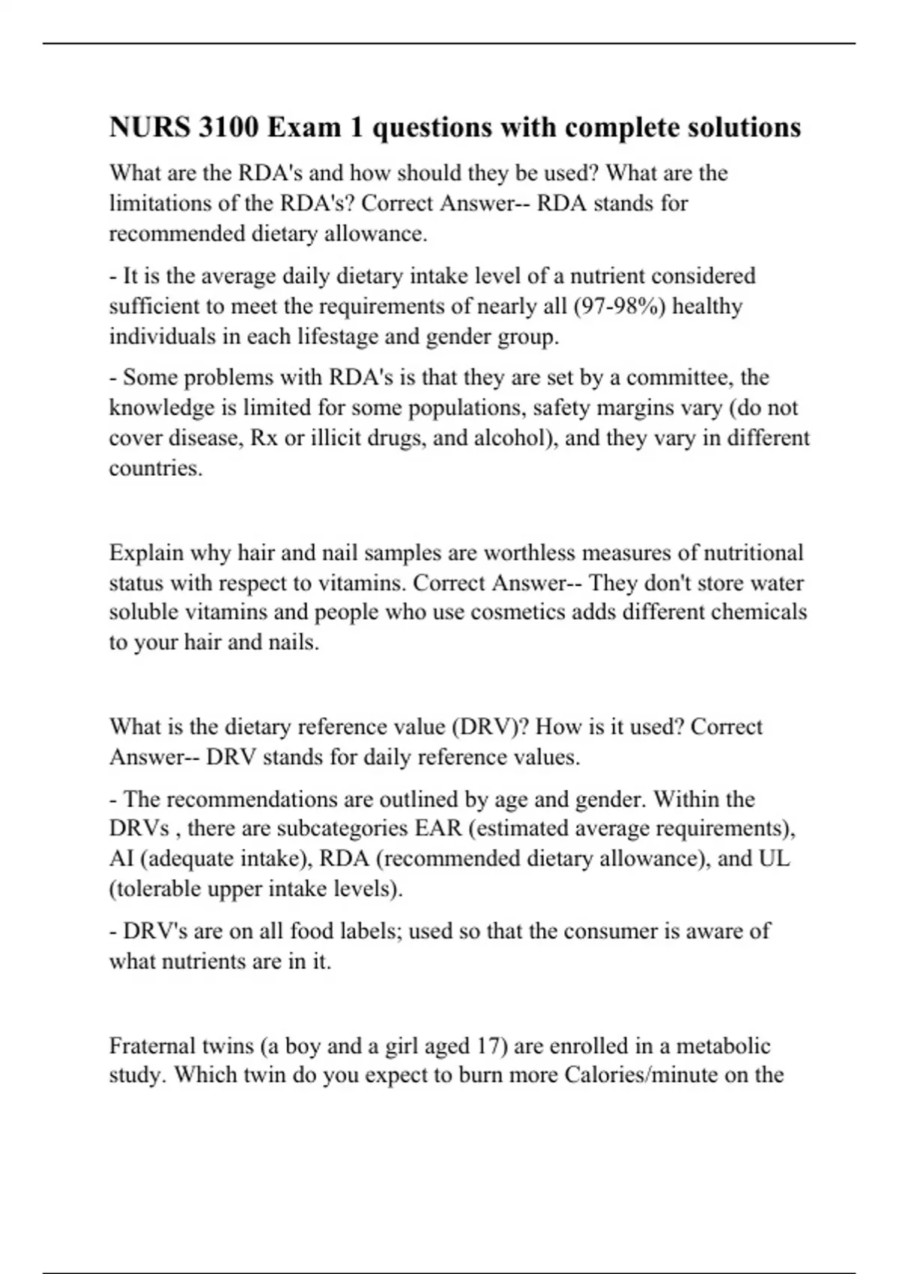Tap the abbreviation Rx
(x=264, y=438)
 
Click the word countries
(x=155, y=468)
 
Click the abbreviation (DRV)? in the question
(x=491, y=727)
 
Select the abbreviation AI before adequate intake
(x=121, y=858)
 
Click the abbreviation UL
(x=775, y=858)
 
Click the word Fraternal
(x=153, y=1045)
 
